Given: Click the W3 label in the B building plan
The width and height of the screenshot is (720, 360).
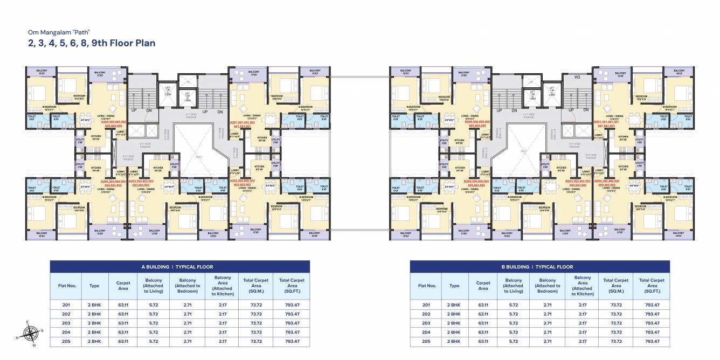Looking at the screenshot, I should pos(577,77).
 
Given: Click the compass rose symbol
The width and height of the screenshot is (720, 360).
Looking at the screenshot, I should pos(31,331).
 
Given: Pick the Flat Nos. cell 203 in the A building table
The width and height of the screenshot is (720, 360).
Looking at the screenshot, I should pos(66,323).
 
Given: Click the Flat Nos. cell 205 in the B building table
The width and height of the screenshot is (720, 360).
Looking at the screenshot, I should pos(426,341).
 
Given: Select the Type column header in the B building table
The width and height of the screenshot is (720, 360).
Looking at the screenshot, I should pos(454,286).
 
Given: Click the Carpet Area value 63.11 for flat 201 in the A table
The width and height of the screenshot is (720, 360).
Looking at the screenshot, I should pos(123,304).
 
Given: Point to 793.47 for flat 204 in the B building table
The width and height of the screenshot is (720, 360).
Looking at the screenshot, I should pos(652,332).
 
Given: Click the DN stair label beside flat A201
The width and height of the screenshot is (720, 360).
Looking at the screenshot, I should pos(220,112).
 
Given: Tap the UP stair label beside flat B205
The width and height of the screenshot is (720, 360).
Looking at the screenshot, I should pos(499,110).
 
